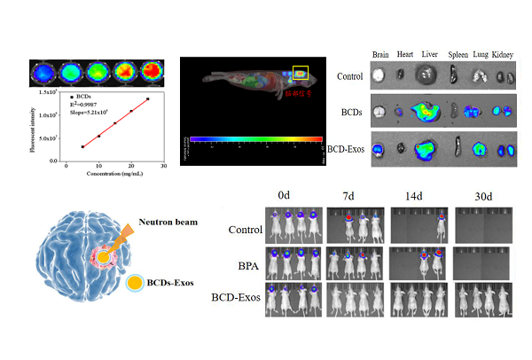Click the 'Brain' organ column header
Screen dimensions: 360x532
pos(382,55)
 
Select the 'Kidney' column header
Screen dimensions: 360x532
pos(505,55)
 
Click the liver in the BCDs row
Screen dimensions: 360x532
pos(429,111)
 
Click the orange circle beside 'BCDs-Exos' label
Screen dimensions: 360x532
pos(135,285)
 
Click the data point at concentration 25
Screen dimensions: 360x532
pos(147,99)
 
